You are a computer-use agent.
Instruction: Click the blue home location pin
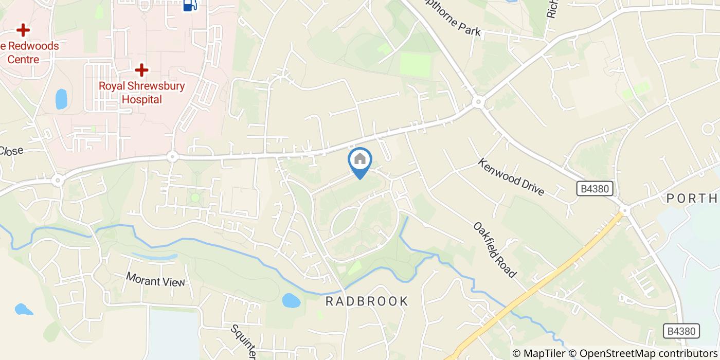360,161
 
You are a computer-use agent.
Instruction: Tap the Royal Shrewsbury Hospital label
141,93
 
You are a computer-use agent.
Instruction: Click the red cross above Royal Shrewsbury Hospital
141,70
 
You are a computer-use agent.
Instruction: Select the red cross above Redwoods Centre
23,30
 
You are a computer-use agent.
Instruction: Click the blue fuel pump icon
190,5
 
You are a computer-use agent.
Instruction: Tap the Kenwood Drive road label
510,176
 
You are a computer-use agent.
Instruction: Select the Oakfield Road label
494,249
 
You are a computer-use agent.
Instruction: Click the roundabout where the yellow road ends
625,210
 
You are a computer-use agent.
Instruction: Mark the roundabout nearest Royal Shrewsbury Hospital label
172,156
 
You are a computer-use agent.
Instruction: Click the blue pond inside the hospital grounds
61,99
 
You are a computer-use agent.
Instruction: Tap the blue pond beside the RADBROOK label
291,300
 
